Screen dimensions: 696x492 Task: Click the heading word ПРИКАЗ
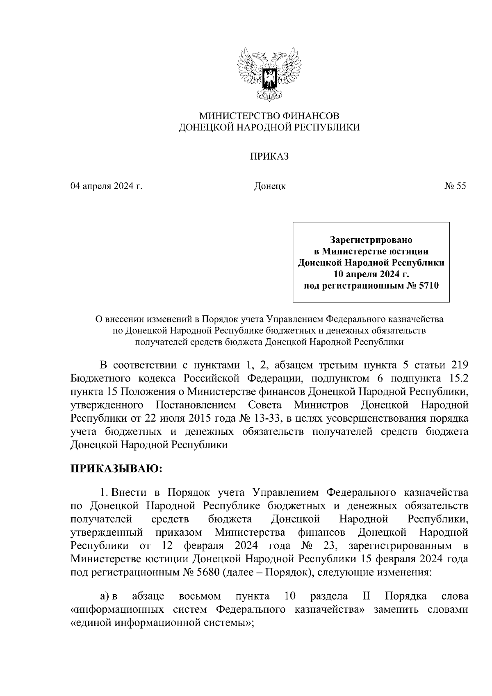pos(269,156)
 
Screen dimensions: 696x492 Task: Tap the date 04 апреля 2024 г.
pos(106,186)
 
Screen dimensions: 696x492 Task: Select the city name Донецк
pos(270,186)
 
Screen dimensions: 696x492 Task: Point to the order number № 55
pos(455,186)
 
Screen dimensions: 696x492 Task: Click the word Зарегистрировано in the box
pos(371,239)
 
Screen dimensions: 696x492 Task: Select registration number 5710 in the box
pos(429,286)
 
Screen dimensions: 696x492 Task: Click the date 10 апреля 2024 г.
pos(371,274)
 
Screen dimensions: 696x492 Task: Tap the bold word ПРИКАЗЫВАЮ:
pos(117,469)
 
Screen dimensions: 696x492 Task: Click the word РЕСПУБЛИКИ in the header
pos(329,128)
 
